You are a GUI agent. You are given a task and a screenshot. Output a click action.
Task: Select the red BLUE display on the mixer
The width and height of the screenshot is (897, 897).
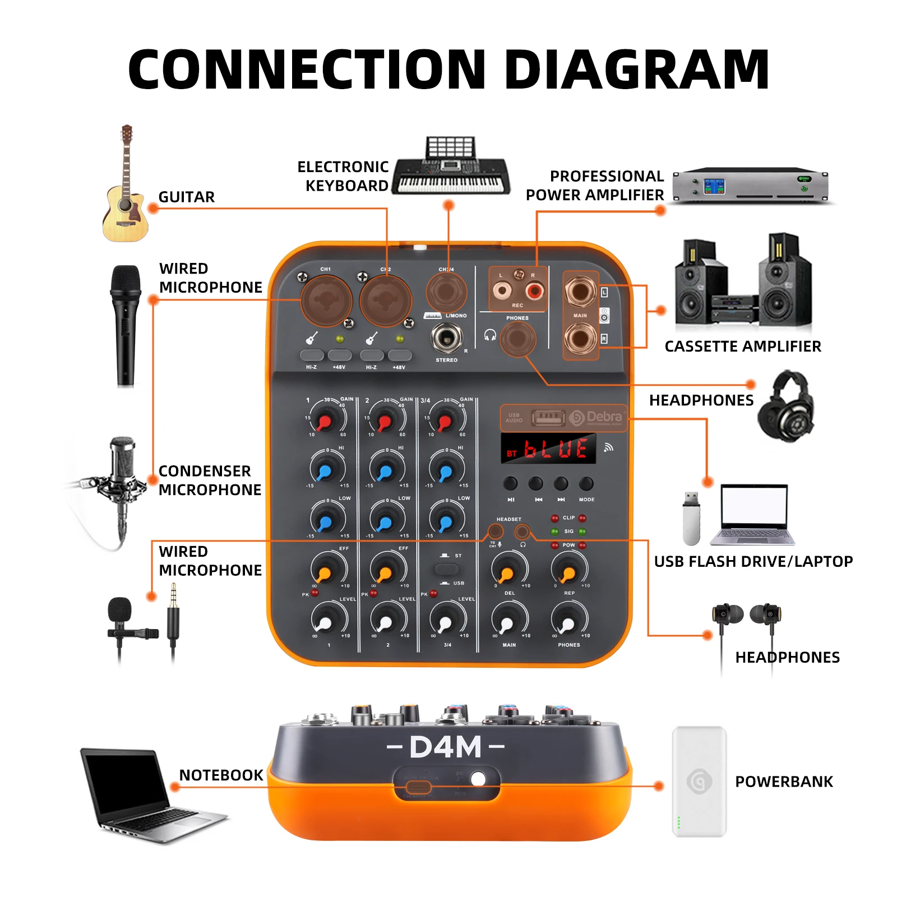click(548, 449)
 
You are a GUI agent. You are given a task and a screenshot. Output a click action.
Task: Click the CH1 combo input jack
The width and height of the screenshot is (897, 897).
click(326, 301)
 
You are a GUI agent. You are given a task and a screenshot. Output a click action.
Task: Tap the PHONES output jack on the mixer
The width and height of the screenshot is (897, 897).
click(517, 339)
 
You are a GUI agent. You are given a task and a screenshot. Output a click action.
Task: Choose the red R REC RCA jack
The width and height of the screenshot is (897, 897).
click(534, 290)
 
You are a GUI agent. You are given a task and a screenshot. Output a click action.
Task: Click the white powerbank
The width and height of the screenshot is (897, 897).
click(699, 782)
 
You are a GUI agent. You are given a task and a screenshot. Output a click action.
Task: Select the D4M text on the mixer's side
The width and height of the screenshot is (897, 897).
click(445, 747)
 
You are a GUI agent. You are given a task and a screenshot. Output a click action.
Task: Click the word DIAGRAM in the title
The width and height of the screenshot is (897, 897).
click(636, 70)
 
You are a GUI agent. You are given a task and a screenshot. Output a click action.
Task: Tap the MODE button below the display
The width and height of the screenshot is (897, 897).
click(586, 483)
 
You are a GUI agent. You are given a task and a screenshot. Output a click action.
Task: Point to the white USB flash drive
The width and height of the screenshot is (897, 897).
click(691, 519)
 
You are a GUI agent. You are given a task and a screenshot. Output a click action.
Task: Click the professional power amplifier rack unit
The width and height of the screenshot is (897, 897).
click(750, 185)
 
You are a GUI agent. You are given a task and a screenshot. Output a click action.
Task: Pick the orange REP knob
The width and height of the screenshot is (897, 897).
click(568, 571)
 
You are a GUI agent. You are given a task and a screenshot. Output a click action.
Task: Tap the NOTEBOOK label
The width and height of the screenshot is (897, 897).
click(221, 775)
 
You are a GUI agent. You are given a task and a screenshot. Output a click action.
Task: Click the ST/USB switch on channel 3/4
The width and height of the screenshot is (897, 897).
click(446, 569)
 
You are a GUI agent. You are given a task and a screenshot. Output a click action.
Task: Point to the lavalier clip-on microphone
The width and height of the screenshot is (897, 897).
click(126, 622)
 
